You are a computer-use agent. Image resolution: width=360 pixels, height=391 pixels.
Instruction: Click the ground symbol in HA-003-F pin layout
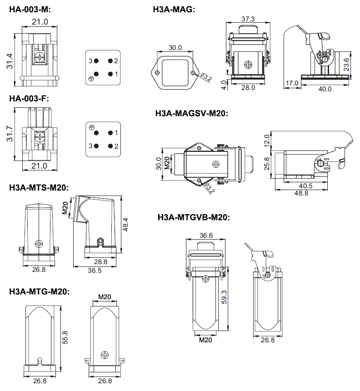pos(91,127)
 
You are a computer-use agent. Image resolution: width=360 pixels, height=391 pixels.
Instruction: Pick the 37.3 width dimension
pos(248,19)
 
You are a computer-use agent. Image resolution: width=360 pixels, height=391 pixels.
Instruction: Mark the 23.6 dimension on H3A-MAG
pos(346,65)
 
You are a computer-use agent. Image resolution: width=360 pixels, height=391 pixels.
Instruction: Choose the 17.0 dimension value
pos(292,83)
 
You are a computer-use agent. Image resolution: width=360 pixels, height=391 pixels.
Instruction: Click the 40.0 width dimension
pos(325,89)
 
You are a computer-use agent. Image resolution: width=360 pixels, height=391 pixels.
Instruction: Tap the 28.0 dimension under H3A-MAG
pos(248,88)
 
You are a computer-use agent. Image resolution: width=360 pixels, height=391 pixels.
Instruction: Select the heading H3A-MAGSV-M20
pos(191,114)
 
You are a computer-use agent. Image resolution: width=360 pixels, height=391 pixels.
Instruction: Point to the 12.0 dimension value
pos(267,140)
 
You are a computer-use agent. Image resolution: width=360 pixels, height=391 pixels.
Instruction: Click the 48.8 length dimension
pos(300,193)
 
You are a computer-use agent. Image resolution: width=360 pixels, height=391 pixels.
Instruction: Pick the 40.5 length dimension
pos(305,185)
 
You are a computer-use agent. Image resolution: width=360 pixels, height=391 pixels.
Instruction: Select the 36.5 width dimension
pos(94,271)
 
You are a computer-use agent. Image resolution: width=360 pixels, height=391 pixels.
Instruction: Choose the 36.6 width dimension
pos(206,236)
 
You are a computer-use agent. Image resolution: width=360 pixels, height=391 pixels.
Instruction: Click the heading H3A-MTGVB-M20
pos(194,217)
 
